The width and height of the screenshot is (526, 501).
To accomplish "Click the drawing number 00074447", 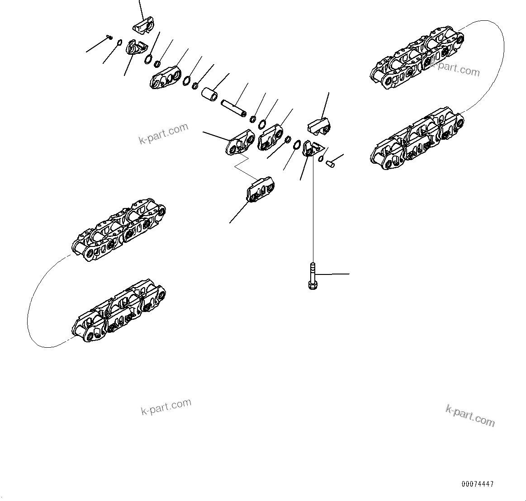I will [x=477, y=484].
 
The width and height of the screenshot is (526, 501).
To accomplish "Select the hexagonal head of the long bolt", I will [x=312, y=285].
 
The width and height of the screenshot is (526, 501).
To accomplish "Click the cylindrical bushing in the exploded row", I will [x=209, y=95].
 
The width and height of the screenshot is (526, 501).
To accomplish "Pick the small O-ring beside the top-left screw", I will [x=119, y=43].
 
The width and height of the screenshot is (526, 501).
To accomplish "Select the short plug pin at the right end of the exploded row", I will [x=330, y=163].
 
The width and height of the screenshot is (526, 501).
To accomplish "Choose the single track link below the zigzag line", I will [x=260, y=189].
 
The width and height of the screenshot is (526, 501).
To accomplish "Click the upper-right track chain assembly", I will [x=416, y=59].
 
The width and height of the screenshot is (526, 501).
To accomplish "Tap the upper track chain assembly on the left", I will [x=118, y=231].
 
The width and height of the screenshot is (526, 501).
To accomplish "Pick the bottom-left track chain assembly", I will [x=118, y=312].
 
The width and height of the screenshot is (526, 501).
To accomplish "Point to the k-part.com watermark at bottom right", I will [x=470, y=416].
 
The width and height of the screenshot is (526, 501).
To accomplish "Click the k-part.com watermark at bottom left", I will [x=166, y=407].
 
